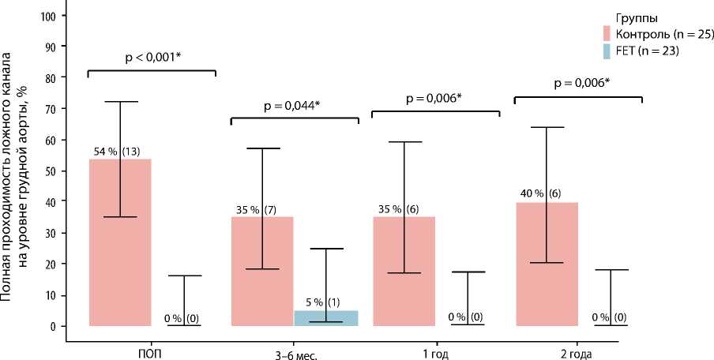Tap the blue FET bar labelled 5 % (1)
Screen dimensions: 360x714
point(325,318)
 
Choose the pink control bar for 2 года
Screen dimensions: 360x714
point(546,264)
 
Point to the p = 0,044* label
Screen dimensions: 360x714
point(294,105)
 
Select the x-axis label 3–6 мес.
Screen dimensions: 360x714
point(294,352)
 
